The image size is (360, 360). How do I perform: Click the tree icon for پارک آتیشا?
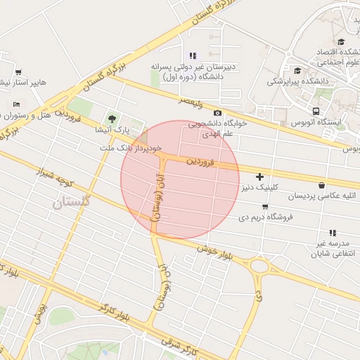pyautogui.click(x=111, y=118)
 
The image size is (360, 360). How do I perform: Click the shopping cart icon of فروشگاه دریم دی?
pyautogui.click(x=264, y=206)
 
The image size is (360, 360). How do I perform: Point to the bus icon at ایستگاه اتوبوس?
pyautogui.click(x=315, y=111)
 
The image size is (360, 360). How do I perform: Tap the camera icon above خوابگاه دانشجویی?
pyautogui.click(x=217, y=113)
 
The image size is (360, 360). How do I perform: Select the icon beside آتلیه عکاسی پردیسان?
pyautogui.click(x=321, y=186)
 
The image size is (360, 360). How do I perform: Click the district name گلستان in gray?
pyautogui.click(x=72, y=202)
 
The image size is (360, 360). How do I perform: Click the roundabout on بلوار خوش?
pyautogui.click(x=259, y=266)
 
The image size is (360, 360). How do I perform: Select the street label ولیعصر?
pyautogui.click(x=190, y=102)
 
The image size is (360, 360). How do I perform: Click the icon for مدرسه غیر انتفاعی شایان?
pyautogui.click(x=332, y=233)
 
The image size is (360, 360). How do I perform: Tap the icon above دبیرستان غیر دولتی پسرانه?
pyautogui.click(x=193, y=56)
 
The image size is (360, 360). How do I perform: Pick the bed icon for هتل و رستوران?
pyautogui.click(x=15, y=105)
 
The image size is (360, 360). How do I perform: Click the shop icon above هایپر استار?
pyautogui.click(x=18, y=72)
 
